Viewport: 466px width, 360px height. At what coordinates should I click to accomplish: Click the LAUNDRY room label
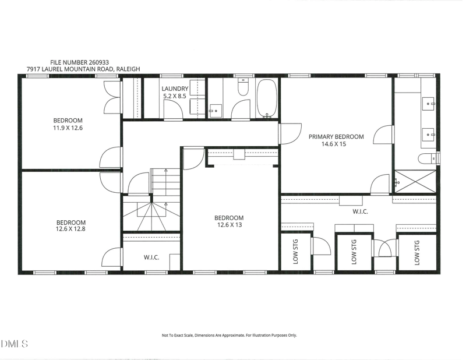pyautogui.click(x=175, y=89)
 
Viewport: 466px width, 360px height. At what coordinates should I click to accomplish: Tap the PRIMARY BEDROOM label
pyautogui.click(x=336, y=137)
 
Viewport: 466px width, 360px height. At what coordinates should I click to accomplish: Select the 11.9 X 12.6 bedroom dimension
pyautogui.click(x=68, y=128)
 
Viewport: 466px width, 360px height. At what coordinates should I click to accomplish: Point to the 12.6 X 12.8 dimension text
pyautogui.click(x=70, y=229)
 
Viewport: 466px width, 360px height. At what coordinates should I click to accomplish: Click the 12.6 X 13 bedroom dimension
pyautogui.click(x=230, y=225)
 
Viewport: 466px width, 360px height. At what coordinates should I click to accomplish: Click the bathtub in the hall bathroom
pyautogui.click(x=267, y=98)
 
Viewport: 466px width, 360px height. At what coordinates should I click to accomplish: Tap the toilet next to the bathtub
pyautogui.click(x=243, y=87)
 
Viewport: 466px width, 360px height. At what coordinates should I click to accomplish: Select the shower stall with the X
pyautogui.click(x=415, y=182)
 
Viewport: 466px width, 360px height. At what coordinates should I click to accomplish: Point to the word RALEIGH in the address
pyautogui.click(x=128, y=69)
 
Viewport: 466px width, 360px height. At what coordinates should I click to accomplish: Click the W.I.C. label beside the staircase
pyautogui.click(x=151, y=257)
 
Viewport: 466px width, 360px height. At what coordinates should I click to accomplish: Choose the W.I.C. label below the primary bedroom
pyautogui.click(x=360, y=211)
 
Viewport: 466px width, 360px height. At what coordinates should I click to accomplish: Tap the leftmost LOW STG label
pyautogui.click(x=295, y=252)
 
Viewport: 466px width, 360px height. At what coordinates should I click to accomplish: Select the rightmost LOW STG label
pyautogui.click(x=417, y=253)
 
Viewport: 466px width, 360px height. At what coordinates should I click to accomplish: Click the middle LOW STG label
pyautogui.click(x=354, y=252)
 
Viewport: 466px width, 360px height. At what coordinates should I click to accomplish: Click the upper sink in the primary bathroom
pyautogui.click(x=429, y=104)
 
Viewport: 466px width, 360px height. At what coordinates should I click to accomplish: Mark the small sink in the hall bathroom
pyautogui.click(x=216, y=111)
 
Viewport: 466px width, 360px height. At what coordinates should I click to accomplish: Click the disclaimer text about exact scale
pyautogui.click(x=229, y=336)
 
